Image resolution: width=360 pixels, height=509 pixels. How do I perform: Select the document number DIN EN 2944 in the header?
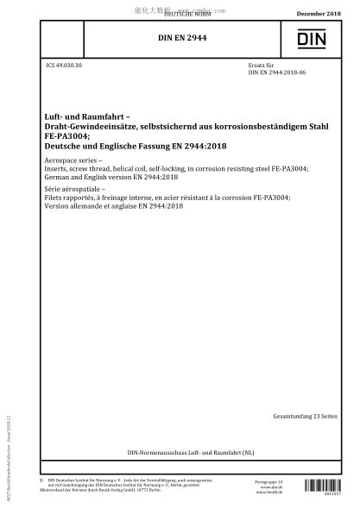180,38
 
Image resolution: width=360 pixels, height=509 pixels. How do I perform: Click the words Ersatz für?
261,66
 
